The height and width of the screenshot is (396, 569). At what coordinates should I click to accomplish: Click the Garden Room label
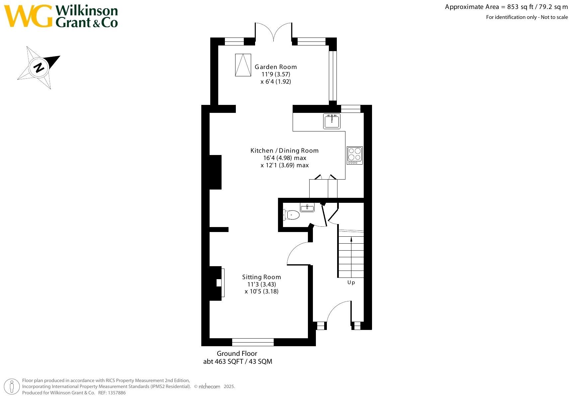pyautogui.click(x=276, y=67)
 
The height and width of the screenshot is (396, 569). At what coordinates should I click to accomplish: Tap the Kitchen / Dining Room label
pyautogui.click(x=284, y=151)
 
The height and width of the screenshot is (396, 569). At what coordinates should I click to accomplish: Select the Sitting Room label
pyautogui.click(x=261, y=277)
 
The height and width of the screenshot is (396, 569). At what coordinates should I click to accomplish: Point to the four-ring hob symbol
pyautogui.click(x=354, y=155)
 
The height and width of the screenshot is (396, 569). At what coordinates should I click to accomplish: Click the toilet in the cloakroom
pyautogui.click(x=291, y=215)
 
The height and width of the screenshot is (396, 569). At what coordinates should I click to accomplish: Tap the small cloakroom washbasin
pyautogui.click(x=307, y=207)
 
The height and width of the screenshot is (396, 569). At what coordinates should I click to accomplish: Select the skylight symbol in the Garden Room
pyautogui.click(x=243, y=65)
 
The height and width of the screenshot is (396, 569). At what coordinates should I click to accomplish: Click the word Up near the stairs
pyautogui.click(x=351, y=282)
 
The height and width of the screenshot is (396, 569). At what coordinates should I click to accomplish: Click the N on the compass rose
pyautogui.click(x=39, y=68)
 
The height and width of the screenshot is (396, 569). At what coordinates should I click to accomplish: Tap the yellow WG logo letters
pyautogui.click(x=28, y=16)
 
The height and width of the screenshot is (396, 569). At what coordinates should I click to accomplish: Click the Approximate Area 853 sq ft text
pyautogui.click(x=506, y=7)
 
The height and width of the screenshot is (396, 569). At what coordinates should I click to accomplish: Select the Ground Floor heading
pyautogui.click(x=237, y=354)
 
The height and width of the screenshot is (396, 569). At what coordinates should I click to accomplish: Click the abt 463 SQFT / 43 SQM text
pyautogui.click(x=237, y=361)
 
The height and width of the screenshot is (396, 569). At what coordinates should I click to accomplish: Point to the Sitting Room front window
pyautogui.click(x=253, y=342)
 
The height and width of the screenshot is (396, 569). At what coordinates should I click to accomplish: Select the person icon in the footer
pyautogui.click(x=12, y=386)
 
